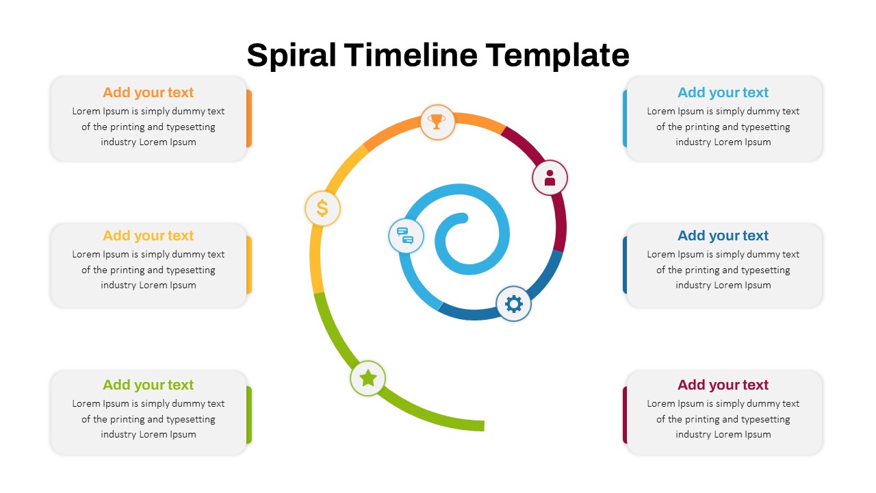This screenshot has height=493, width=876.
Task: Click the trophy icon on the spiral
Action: pyautogui.click(x=437, y=121)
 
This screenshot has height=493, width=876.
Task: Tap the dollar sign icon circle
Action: pyautogui.click(x=322, y=208)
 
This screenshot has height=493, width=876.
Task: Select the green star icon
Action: pyautogui.click(x=368, y=379)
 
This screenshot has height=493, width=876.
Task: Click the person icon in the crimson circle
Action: pyautogui.click(x=550, y=177)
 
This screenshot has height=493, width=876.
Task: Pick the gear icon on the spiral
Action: pyautogui.click(x=513, y=303)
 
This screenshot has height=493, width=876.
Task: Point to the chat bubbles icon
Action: pyautogui.click(x=406, y=236)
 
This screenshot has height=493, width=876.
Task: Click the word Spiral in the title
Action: pyautogui.click(x=292, y=55)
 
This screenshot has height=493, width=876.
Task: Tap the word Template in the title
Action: pyautogui.click(x=557, y=55)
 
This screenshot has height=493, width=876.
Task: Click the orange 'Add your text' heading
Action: pyautogui.click(x=149, y=92)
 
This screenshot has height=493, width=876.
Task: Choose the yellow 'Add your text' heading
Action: pyautogui.click(x=149, y=236)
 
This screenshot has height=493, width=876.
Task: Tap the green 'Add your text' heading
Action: pyautogui.click(x=149, y=385)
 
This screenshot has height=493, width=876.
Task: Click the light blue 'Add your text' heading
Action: pyautogui.click(x=723, y=92)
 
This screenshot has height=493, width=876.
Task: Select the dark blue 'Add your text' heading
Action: pyautogui.click(x=723, y=236)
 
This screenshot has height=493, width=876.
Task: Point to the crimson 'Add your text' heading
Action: pyautogui.click(x=723, y=385)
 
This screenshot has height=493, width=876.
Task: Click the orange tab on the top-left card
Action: pyautogui.click(x=249, y=118)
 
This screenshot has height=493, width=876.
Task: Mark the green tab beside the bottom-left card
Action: pyautogui.click(x=249, y=415)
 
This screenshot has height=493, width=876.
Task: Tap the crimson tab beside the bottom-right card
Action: pyautogui.click(x=625, y=415)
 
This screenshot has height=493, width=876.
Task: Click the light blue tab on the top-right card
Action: pyautogui.click(x=625, y=118)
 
